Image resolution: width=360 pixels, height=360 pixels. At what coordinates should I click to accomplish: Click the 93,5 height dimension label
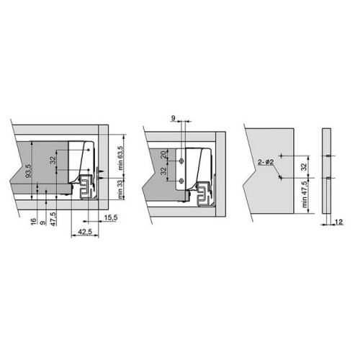point(29,171)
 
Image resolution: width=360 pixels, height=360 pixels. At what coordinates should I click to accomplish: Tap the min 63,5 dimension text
point(120,158)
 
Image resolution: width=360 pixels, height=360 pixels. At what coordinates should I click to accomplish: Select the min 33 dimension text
point(120,189)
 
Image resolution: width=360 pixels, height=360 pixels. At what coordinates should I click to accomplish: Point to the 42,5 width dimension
point(85,232)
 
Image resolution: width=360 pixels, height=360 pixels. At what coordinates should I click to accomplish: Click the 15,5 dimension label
point(111,217)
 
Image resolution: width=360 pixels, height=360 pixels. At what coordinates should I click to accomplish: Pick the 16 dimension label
point(34,221)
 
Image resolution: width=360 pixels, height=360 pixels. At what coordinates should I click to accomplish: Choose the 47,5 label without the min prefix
point(53,219)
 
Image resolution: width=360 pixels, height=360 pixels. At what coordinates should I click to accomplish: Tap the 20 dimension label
point(163,155)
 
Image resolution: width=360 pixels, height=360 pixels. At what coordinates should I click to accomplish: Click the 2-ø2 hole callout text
point(266,162)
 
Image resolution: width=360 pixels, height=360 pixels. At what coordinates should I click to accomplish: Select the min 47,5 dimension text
point(305,194)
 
